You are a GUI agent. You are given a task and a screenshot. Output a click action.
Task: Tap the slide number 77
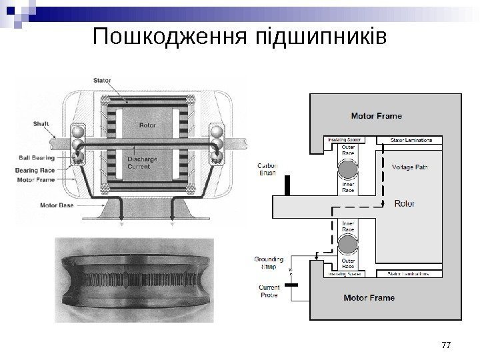(447, 345)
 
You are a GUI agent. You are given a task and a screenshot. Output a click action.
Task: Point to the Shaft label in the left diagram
(41, 123)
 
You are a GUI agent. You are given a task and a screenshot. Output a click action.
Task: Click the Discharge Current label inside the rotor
(142, 163)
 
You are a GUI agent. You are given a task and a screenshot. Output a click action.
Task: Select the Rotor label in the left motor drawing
(147, 125)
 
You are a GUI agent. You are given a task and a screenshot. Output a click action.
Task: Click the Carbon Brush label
(267, 169)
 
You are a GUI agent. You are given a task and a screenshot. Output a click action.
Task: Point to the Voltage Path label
(410, 167)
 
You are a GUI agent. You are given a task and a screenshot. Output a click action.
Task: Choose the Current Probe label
(268, 291)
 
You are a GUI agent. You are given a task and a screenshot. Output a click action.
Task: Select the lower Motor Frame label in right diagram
(369, 297)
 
